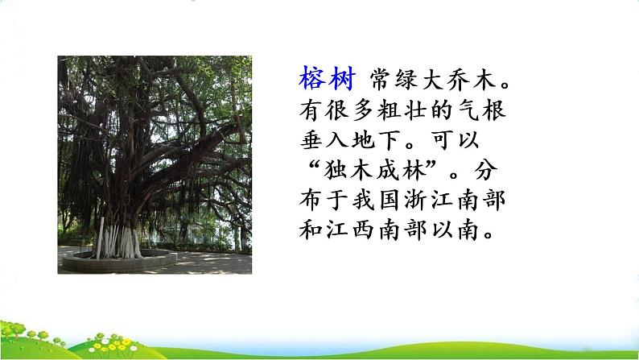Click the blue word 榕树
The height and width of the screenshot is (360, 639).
click(x=328, y=78)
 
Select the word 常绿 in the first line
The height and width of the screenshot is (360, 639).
click(x=394, y=79)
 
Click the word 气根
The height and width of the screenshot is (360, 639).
click(x=481, y=110)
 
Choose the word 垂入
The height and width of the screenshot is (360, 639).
click(x=324, y=141)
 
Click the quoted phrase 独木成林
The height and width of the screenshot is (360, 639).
click(x=375, y=171)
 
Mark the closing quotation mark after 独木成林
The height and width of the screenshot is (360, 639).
click(x=431, y=165)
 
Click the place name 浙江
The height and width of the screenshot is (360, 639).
click(x=427, y=201)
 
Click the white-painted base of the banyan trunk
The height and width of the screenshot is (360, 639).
click(x=118, y=242)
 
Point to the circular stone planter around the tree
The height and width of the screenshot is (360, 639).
click(x=119, y=265)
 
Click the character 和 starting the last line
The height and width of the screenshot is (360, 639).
click(x=311, y=230)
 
